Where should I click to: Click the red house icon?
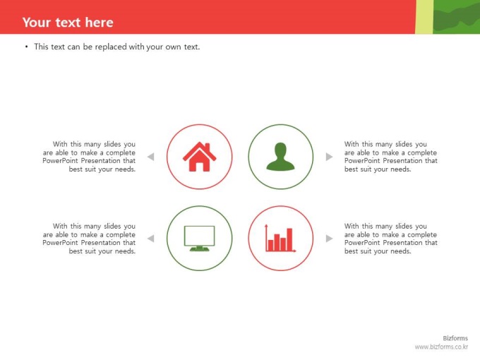tap(199, 157)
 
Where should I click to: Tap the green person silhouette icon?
tap(280, 157)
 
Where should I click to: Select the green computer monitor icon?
tap(199, 239)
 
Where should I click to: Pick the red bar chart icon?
tap(280, 238)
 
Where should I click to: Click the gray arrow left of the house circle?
tap(150, 157)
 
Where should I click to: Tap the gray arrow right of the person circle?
tap(329, 157)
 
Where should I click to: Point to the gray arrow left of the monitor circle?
tap(150, 239)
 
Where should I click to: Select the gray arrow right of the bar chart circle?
tap(329, 239)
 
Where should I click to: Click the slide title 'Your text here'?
tap(68, 23)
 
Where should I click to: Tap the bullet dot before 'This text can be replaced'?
tap(27, 47)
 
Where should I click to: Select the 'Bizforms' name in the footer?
tap(455, 338)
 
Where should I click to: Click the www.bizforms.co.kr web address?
tap(441, 347)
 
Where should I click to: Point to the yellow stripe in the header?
tap(424, 17)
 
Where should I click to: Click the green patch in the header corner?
tap(457, 17)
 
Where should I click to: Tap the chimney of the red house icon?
tap(208, 147)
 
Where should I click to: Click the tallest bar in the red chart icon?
tap(289, 239)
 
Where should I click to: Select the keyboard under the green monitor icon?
tap(199, 249)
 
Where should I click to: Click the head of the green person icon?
tap(280, 150)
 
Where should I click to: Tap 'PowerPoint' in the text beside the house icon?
tap(60, 161)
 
